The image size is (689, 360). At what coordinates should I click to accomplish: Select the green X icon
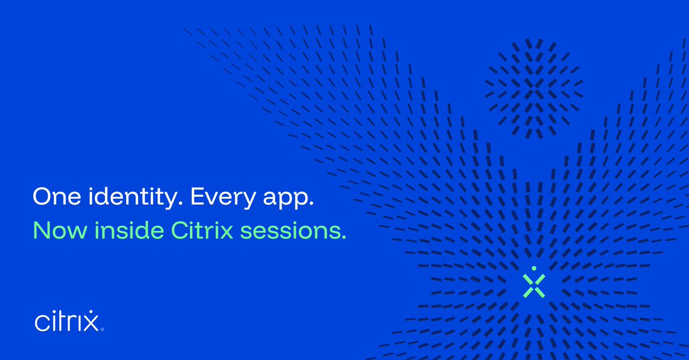click(533, 285)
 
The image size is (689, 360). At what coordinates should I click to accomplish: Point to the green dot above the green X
click(533, 268)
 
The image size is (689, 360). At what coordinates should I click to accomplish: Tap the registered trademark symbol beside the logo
click(102, 330)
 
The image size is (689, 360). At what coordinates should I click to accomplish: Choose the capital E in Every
click(198, 197)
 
